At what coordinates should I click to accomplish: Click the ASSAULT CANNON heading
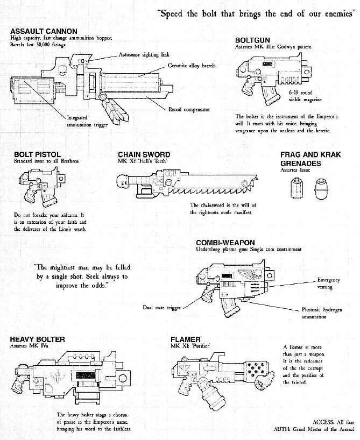44,31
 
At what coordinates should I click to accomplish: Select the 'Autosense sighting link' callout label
144,55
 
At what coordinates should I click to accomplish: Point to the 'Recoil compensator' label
189,110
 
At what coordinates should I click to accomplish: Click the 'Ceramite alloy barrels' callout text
192,66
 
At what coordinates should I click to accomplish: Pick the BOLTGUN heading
252,40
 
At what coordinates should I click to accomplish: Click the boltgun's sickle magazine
270,95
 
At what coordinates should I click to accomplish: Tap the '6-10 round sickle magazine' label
305,96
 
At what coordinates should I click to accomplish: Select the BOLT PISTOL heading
37,154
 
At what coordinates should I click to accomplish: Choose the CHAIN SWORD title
144,154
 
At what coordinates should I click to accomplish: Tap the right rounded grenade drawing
321,189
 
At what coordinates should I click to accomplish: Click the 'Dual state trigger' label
161,308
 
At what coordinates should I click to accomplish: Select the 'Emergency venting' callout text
328,283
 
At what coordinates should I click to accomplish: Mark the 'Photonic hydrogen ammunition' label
322,313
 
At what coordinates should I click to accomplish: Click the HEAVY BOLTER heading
37,339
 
